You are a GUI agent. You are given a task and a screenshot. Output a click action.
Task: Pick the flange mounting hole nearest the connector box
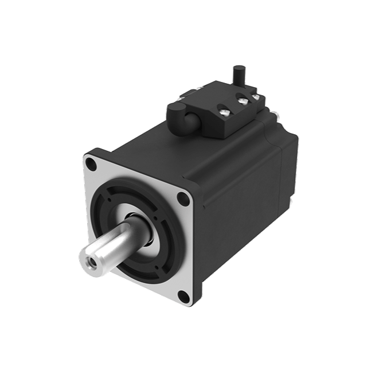[183, 199]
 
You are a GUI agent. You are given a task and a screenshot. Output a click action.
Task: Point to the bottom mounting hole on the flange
[182, 296]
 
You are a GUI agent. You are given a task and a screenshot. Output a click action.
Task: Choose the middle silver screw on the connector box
[243, 101]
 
